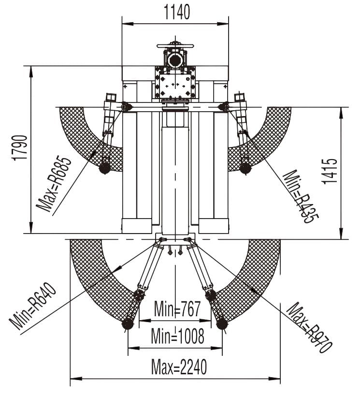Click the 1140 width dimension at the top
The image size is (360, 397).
coord(177,13)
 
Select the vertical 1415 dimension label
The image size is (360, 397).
coord(331,171)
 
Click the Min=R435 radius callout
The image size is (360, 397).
coord(300,197)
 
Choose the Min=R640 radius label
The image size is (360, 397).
coord(32,307)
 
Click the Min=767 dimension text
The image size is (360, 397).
coord(177,309)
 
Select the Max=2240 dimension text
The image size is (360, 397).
coord(179,367)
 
